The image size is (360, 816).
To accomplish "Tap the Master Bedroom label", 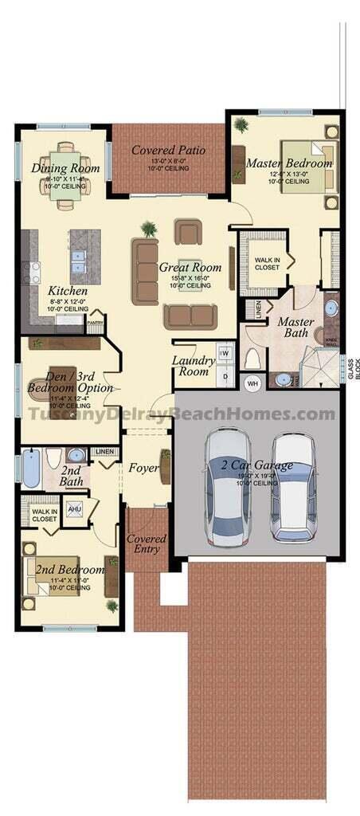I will (288, 163).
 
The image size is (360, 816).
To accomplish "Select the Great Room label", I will (190, 268).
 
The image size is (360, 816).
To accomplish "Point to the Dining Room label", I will (65, 168).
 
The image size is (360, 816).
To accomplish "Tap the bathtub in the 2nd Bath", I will (30, 468).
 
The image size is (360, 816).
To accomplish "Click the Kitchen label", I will (67, 291).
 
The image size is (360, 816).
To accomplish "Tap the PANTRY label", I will (95, 323).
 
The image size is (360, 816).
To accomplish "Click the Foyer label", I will (143, 468).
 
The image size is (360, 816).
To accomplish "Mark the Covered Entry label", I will (147, 543).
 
